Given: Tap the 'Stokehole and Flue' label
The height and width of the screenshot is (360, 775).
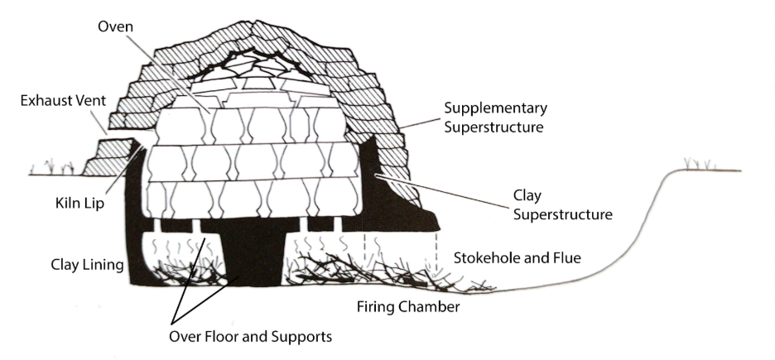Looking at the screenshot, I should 517,258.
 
